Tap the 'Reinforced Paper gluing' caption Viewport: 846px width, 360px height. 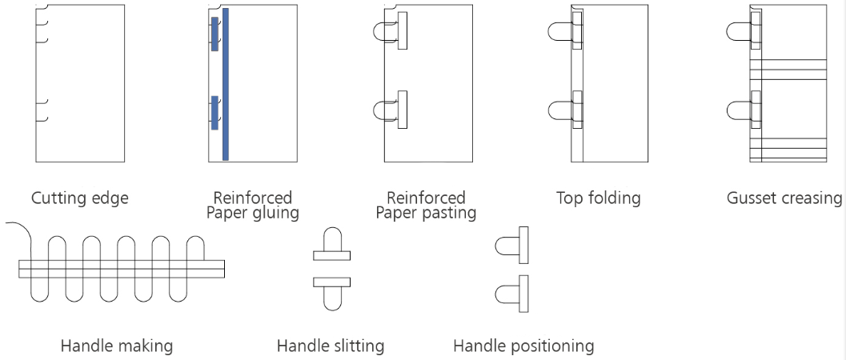pos(252,206)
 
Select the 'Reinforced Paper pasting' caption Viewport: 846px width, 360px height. pos(426,206)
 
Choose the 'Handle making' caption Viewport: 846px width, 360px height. pos(116,346)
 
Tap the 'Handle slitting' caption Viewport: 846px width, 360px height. pos(331,346)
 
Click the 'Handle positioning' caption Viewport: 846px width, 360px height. pos(523,346)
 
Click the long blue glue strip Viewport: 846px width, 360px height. pos(226,84)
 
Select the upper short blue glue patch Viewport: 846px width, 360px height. pos(215,33)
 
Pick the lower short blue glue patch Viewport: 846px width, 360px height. pos(215,112)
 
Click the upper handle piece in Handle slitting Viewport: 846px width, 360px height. pos(331,249)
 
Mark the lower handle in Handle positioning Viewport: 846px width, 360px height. pos(512,294)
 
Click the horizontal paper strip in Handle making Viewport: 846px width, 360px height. pos(120,269)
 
